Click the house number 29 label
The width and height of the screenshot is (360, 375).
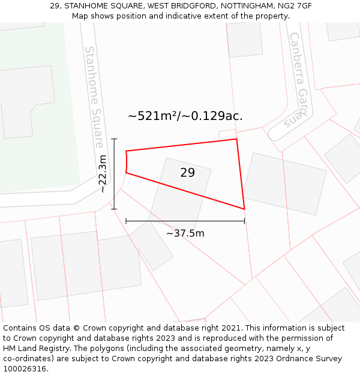(x=187, y=173)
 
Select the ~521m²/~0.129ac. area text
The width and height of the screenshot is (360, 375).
(x=185, y=116)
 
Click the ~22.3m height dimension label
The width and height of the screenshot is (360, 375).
(x=103, y=173)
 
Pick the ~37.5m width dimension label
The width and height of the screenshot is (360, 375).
(x=185, y=233)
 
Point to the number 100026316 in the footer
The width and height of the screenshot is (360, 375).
(x=24, y=369)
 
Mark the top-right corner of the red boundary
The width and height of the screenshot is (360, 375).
(x=236, y=139)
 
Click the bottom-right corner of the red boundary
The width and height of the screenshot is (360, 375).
(x=244, y=209)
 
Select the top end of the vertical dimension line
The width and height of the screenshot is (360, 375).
(x=114, y=139)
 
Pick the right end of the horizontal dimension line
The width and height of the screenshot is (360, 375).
(x=244, y=221)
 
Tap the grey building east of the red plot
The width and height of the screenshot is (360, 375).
(x=284, y=184)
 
